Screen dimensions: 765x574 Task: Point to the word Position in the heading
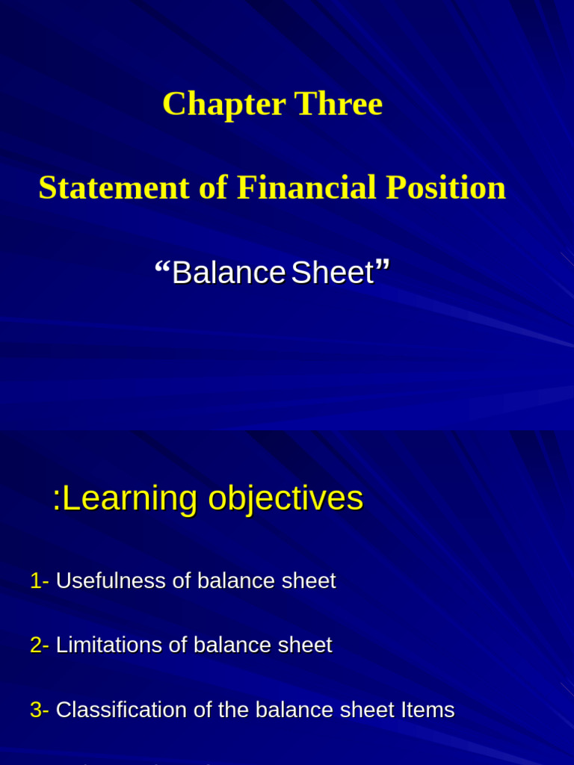[445, 188]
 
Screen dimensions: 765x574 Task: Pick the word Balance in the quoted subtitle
[228, 273]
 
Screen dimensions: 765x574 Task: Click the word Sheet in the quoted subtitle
[333, 273]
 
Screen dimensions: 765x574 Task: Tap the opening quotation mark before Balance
[161, 267]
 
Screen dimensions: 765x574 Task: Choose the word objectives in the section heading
[286, 499]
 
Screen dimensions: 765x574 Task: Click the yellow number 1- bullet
[40, 581]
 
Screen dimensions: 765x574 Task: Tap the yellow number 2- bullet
[40, 645]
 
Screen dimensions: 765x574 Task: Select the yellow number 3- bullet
[40, 710]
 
